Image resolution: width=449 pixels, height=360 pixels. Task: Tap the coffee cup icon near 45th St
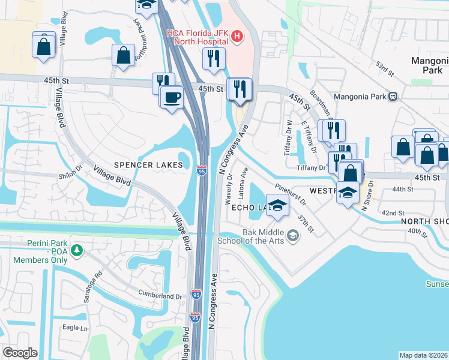(x=172, y=97)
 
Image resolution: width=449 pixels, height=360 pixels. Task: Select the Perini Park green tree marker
(x=76, y=250)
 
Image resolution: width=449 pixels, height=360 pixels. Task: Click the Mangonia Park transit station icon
(x=393, y=95)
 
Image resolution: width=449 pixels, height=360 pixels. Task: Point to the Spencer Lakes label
(x=148, y=165)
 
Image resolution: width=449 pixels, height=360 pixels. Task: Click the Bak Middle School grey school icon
(x=292, y=235)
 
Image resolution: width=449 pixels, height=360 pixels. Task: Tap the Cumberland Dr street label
(x=161, y=296)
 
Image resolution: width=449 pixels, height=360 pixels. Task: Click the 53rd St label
(x=384, y=68)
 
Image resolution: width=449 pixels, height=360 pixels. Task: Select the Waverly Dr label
(x=229, y=191)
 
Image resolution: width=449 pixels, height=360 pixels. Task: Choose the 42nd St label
(x=393, y=213)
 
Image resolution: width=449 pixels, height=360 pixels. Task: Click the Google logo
(x=20, y=353)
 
